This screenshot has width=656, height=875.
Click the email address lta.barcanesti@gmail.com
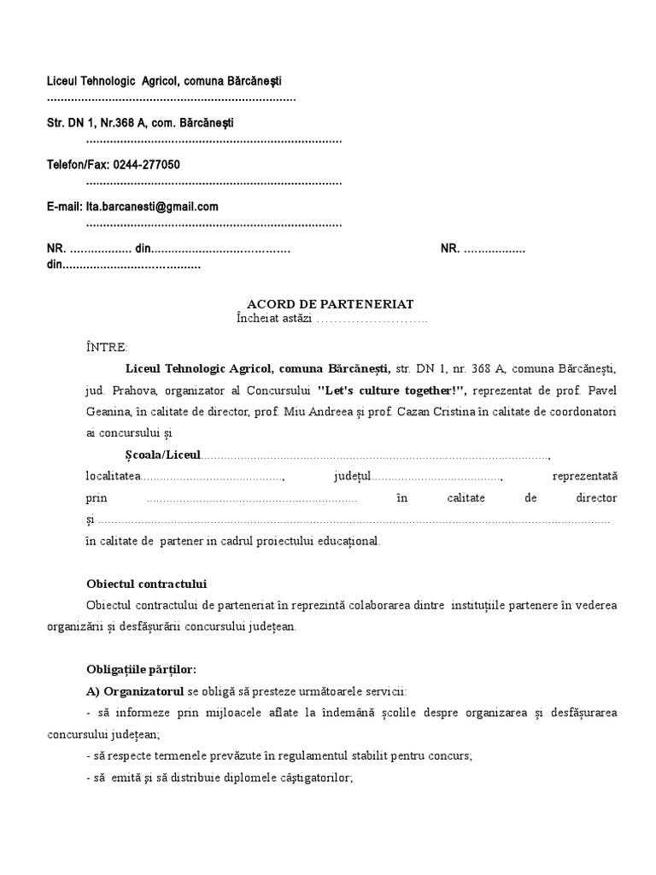point(151,206)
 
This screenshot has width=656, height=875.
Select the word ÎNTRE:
point(107,347)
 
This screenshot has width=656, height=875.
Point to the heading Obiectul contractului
point(147,584)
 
